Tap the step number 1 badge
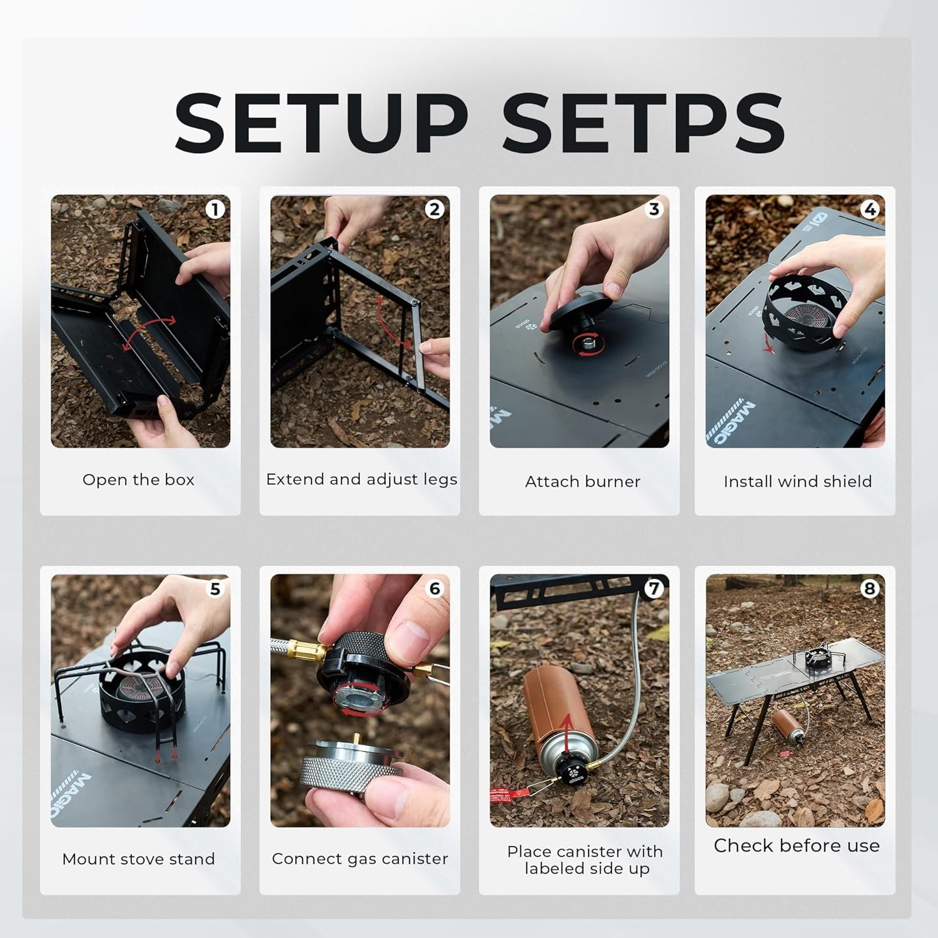point(215,209)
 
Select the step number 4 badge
point(870,209)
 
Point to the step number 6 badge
point(435,588)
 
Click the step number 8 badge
point(870,588)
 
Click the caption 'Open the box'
point(139,480)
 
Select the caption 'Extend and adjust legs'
point(361,480)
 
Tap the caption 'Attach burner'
point(583,482)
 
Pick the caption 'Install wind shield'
point(797,482)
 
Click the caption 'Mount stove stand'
point(139,859)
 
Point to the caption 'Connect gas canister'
point(360,859)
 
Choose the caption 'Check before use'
point(797,845)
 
